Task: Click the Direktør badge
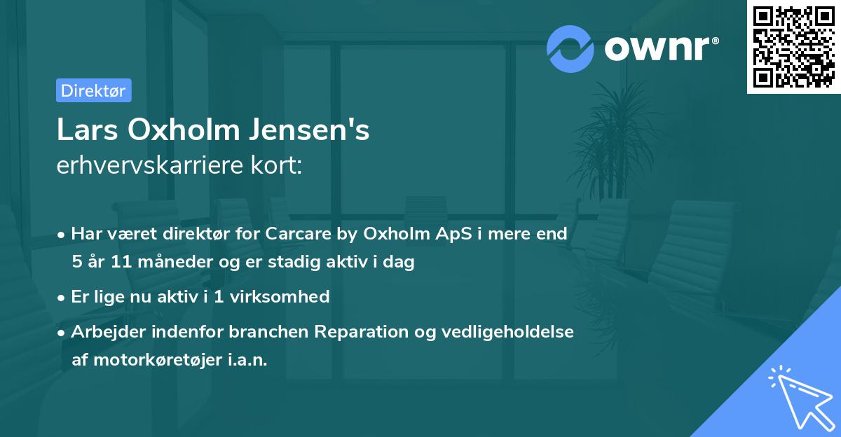[x=93, y=90]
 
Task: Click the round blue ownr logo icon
[x=570, y=49]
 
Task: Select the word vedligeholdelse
[x=507, y=331]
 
